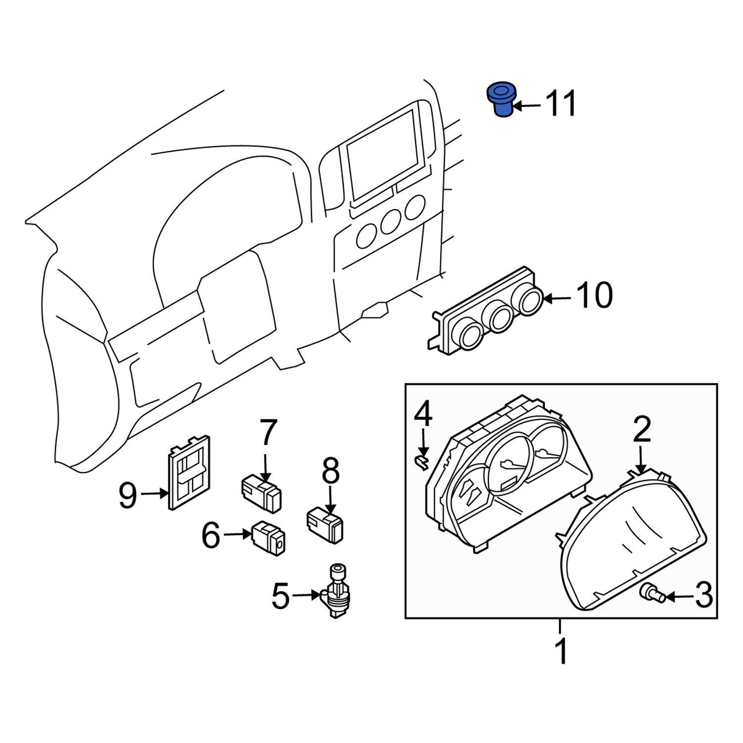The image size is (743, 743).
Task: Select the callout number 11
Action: coord(561,104)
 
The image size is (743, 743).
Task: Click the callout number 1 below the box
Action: coord(561,652)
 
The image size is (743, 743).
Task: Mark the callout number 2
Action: coord(641,430)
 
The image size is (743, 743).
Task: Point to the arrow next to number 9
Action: coord(155,493)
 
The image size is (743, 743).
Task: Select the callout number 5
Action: coord(280,596)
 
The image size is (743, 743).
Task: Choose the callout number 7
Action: coord(267,432)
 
